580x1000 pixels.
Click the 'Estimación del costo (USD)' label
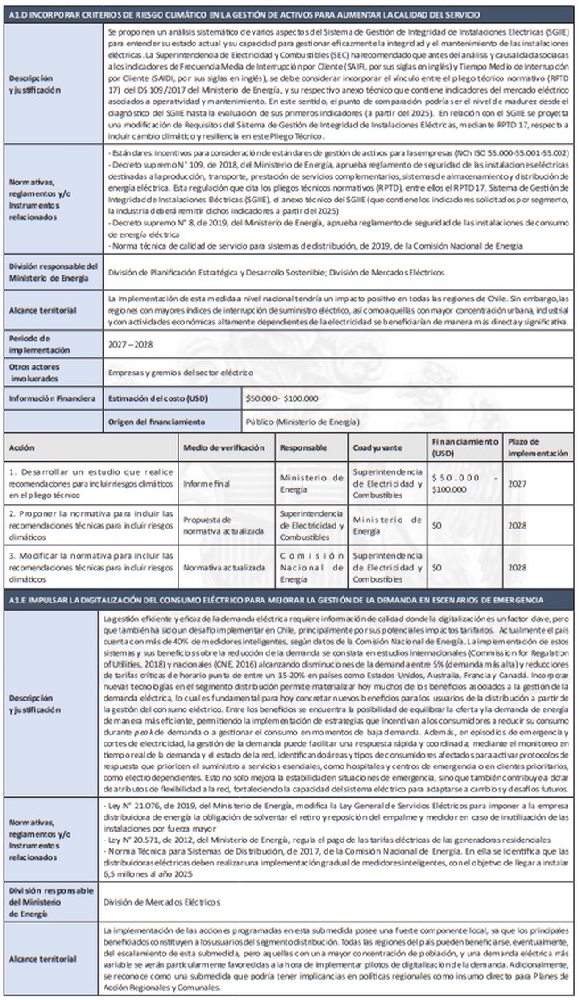pyautogui.click(x=158, y=398)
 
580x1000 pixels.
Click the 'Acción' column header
pyautogui.click(x=21, y=447)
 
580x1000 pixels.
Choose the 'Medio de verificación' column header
pyautogui.click(x=224, y=447)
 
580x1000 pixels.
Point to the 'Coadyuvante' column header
pyautogui.click(x=377, y=447)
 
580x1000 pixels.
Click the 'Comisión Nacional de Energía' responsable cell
pyautogui.click(x=306, y=566)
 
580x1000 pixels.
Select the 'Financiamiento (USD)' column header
pyautogui.click(x=464, y=447)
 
